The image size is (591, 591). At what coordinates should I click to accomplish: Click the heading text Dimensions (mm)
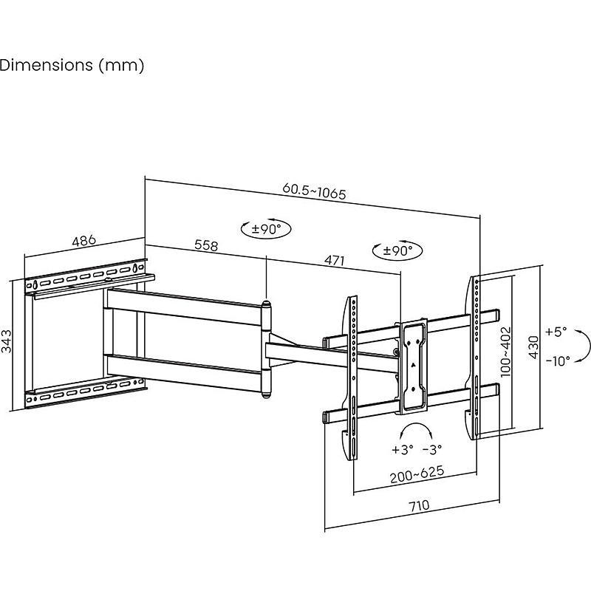click(72, 65)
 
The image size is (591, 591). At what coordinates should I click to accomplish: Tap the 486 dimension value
click(84, 241)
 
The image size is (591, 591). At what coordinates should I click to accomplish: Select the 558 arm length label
click(206, 245)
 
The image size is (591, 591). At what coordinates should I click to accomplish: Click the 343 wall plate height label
click(7, 342)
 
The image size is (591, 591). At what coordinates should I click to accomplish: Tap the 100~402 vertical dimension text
click(506, 352)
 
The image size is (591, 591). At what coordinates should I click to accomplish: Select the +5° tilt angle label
click(557, 332)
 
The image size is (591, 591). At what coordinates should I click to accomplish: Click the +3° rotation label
click(403, 449)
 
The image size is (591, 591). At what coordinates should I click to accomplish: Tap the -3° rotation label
click(432, 449)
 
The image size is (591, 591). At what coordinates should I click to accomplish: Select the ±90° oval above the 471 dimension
click(397, 250)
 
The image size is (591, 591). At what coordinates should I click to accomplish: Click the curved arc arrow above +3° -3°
click(417, 431)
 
